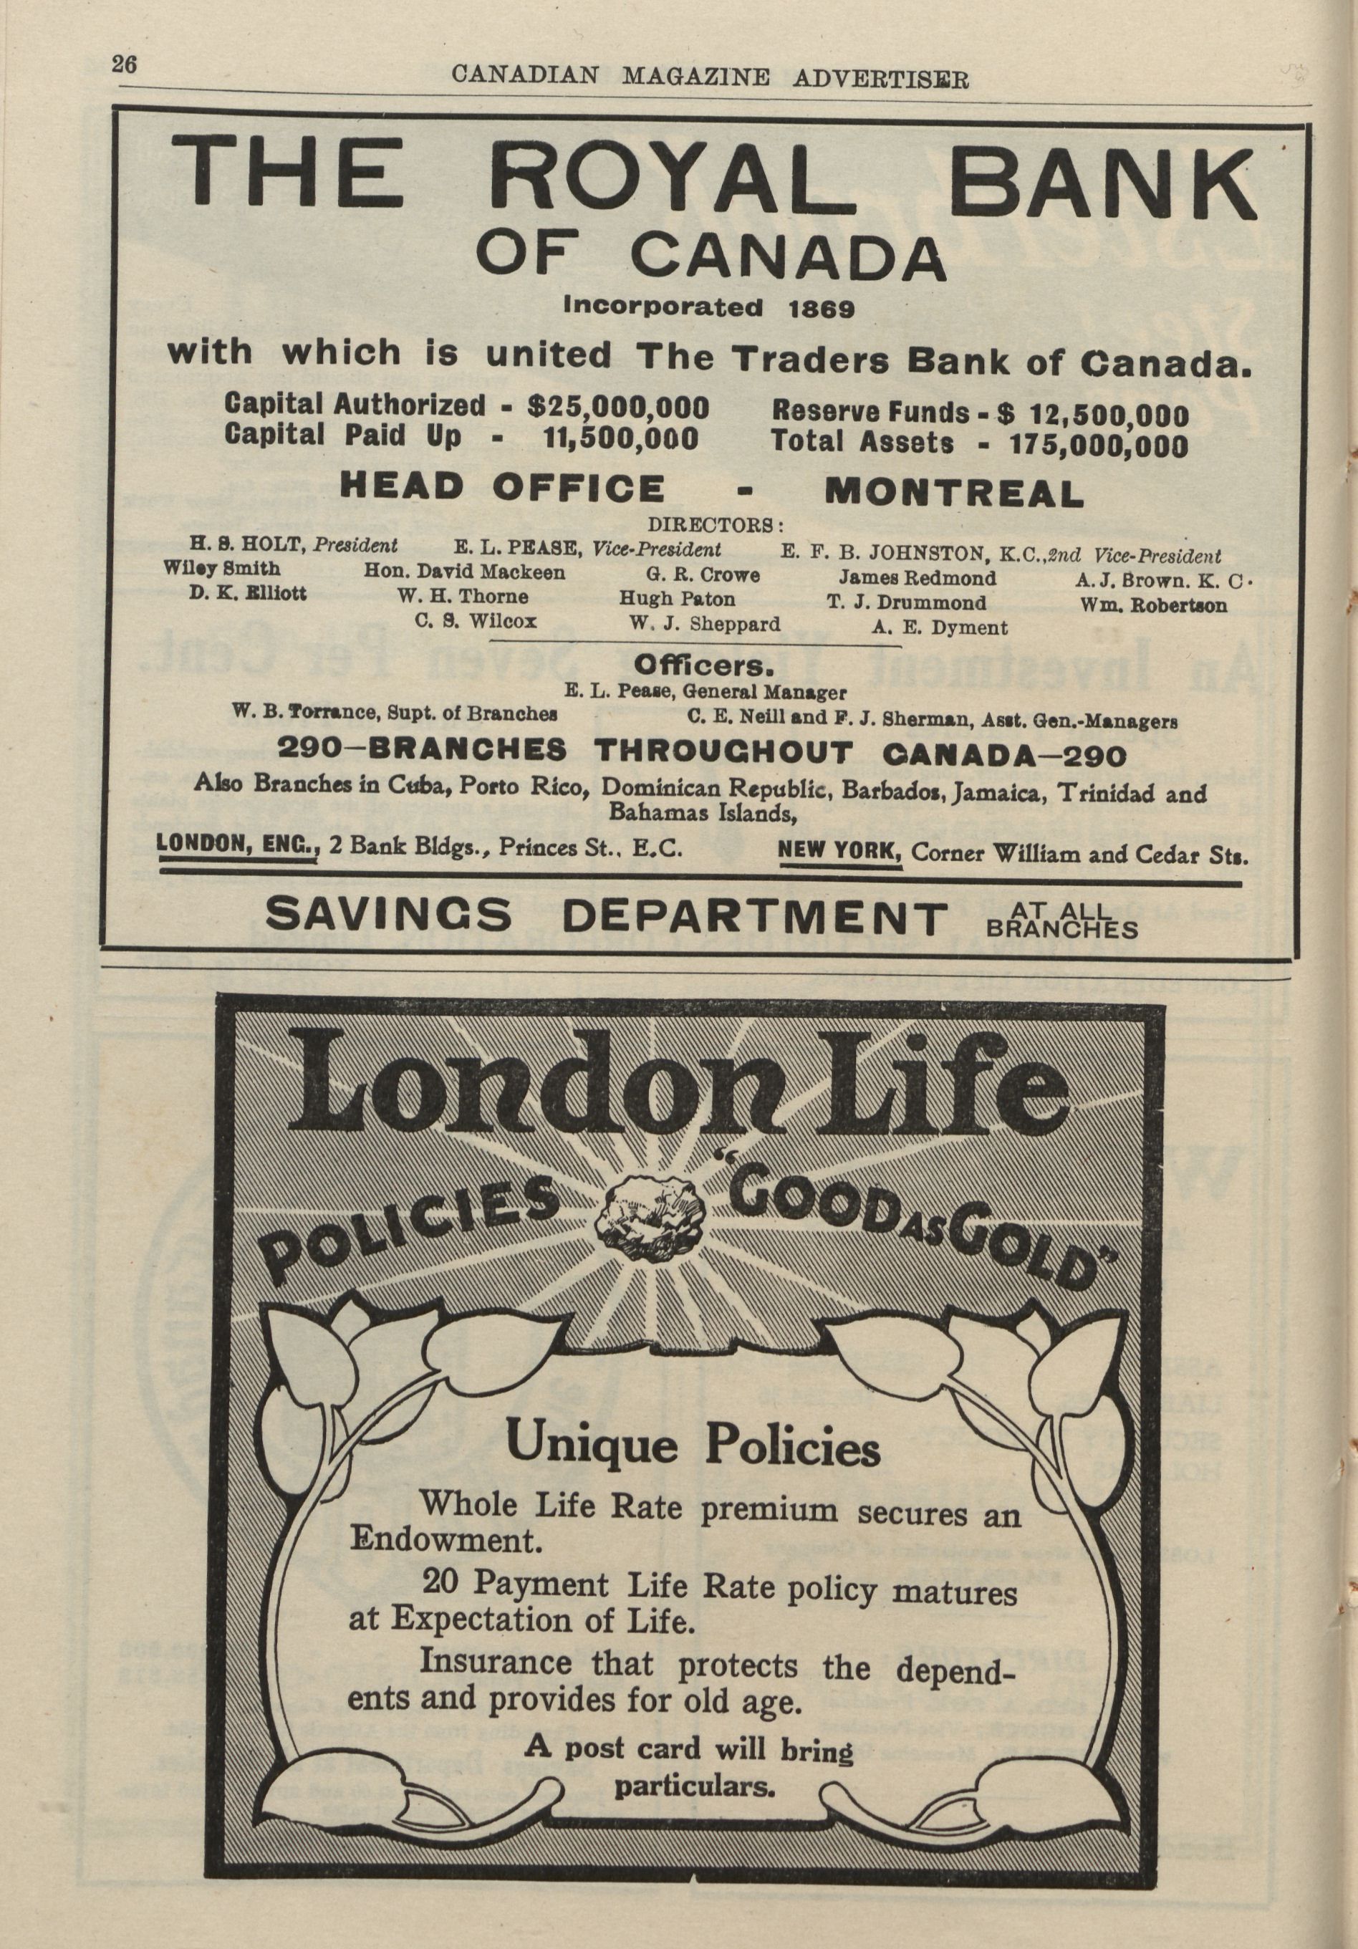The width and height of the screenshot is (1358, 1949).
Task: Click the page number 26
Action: point(124,65)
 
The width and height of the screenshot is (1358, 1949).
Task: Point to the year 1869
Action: point(821,308)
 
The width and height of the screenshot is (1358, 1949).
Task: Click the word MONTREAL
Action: point(954,491)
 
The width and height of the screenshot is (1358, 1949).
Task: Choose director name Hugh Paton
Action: point(678,598)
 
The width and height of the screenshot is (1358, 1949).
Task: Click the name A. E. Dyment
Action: point(940,627)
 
